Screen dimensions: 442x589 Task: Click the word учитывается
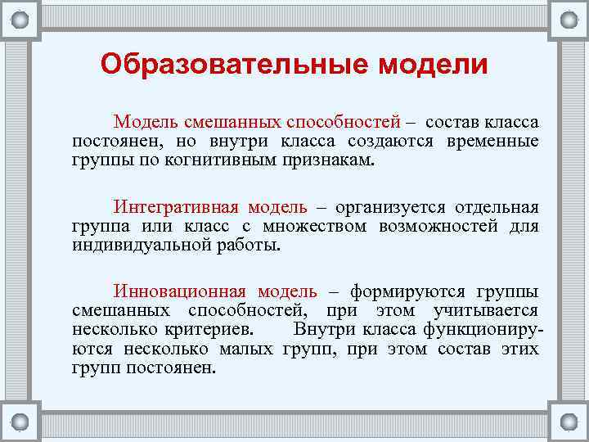point(490,311)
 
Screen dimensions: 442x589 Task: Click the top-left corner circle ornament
point(20,20)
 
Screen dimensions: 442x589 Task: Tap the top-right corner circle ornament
point(568,20)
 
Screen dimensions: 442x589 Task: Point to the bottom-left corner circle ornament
point(20,422)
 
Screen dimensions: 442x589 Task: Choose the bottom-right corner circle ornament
point(568,422)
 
